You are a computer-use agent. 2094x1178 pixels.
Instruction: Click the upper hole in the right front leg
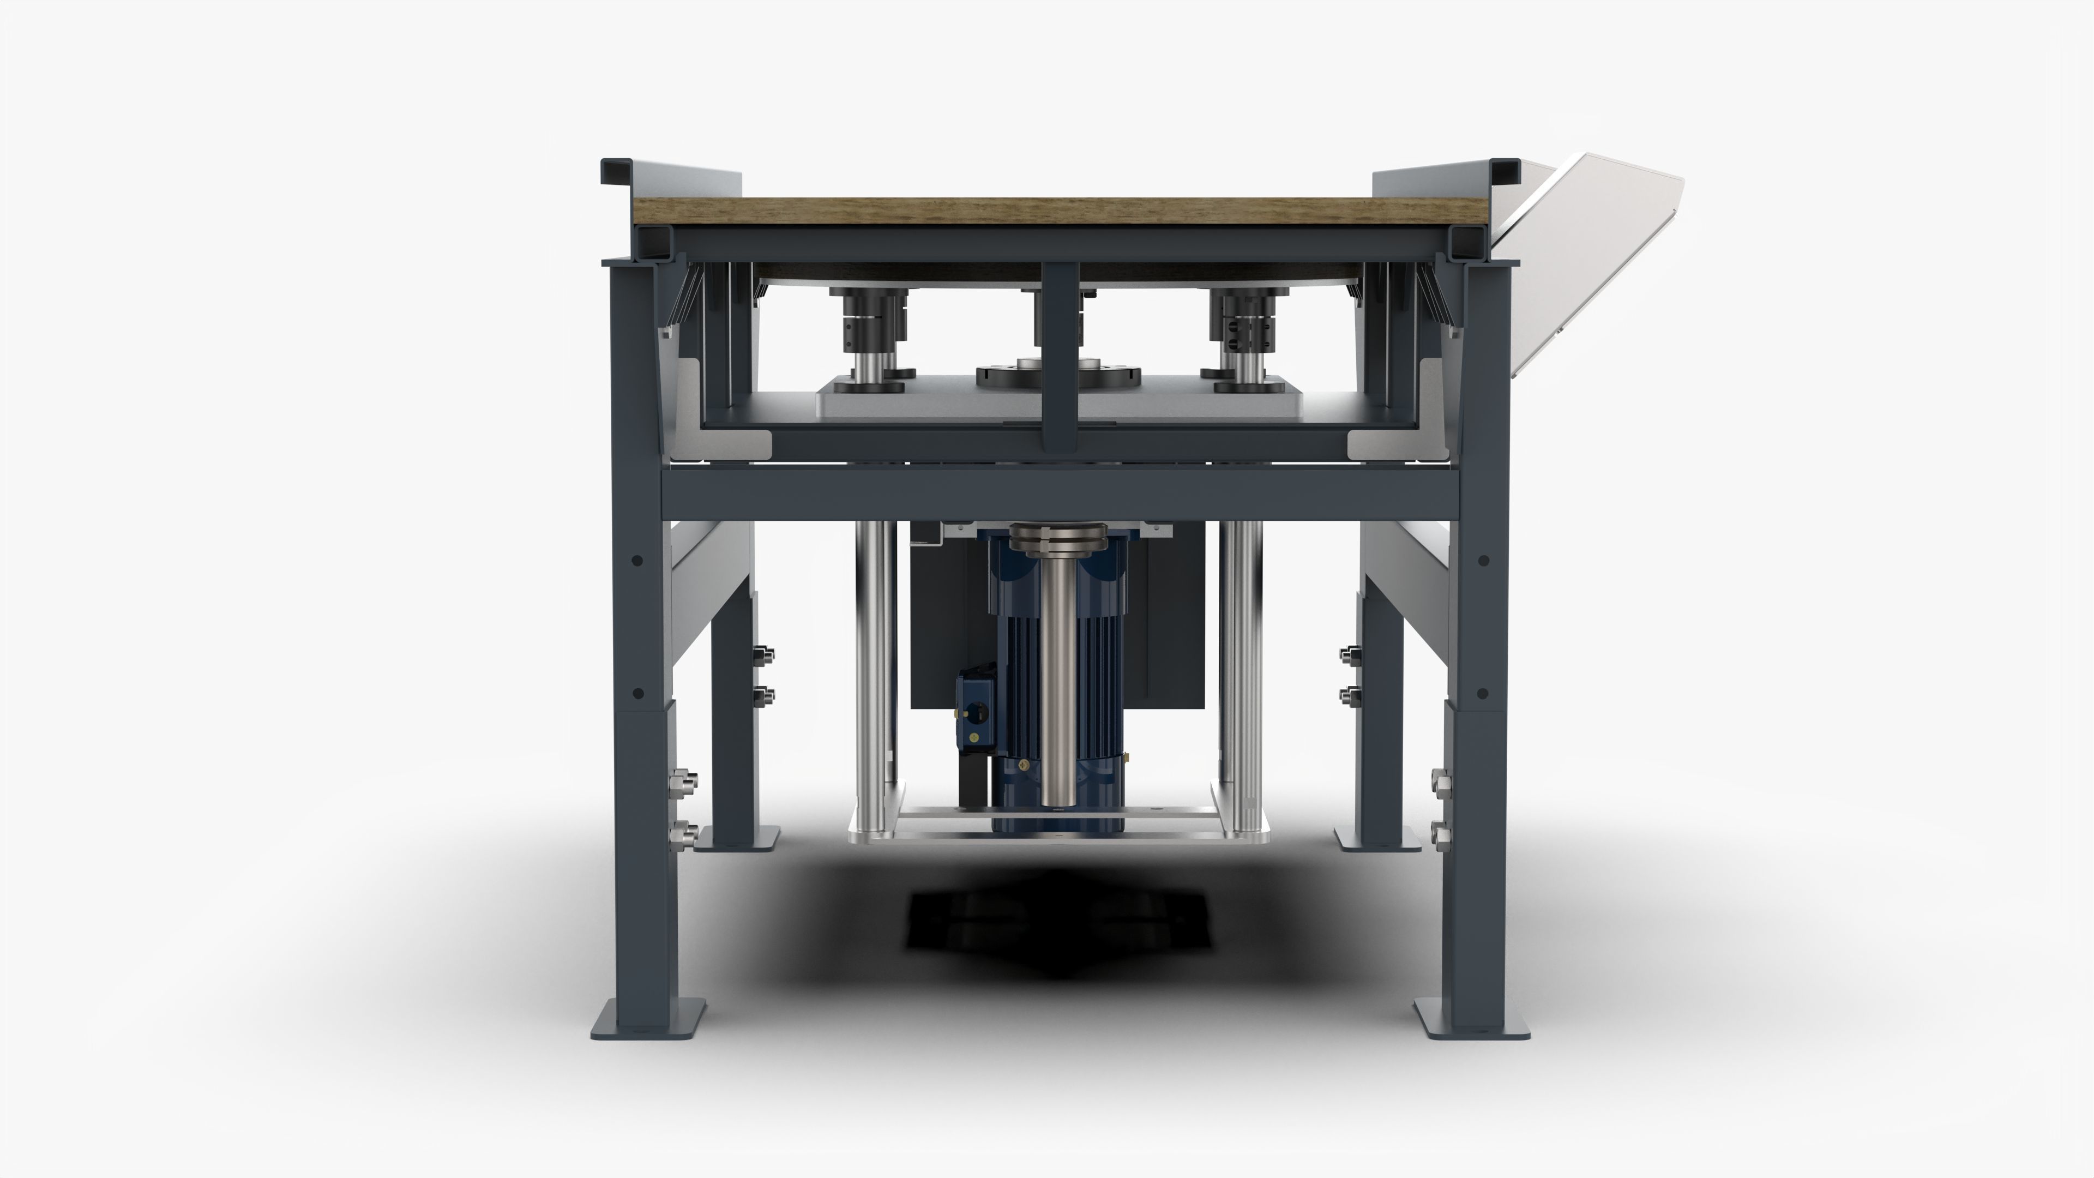1483,560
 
